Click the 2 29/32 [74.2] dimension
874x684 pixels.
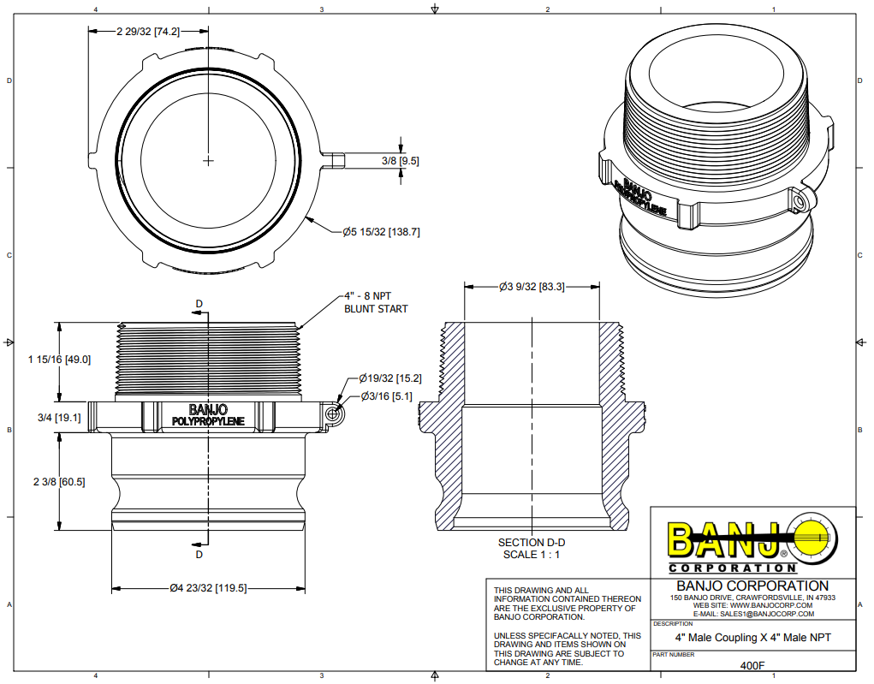point(148,31)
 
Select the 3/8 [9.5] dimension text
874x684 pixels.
point(399,160)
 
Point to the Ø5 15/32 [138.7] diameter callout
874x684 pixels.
point(381,231)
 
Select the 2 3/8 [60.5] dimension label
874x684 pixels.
point(54,482)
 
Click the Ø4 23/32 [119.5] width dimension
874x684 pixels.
point(209,588)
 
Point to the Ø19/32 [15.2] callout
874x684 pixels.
point(390,378)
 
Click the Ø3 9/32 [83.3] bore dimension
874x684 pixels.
point(532,288)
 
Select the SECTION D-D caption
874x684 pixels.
point(532,543)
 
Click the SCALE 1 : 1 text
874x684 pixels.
point(532,555)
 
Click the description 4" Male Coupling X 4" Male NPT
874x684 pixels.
point(752,638)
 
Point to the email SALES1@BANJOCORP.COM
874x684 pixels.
point(752,614)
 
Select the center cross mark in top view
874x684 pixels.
point(209,160)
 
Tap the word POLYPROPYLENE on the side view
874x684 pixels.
point(209,421)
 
